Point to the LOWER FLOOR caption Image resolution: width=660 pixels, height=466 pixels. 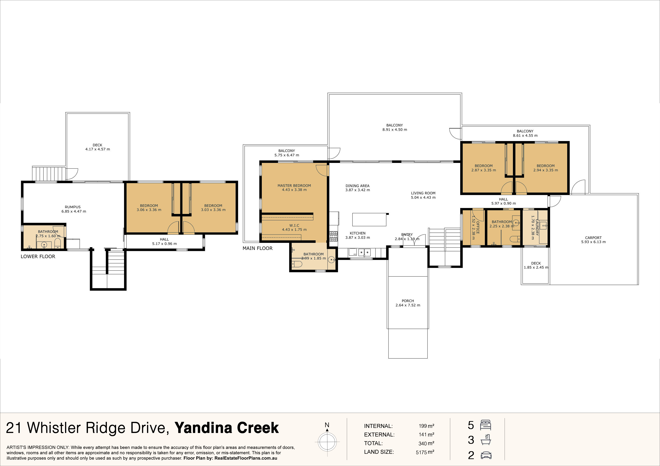[x=38, y=256]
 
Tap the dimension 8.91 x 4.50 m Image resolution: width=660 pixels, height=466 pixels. [x=395, y=129]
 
